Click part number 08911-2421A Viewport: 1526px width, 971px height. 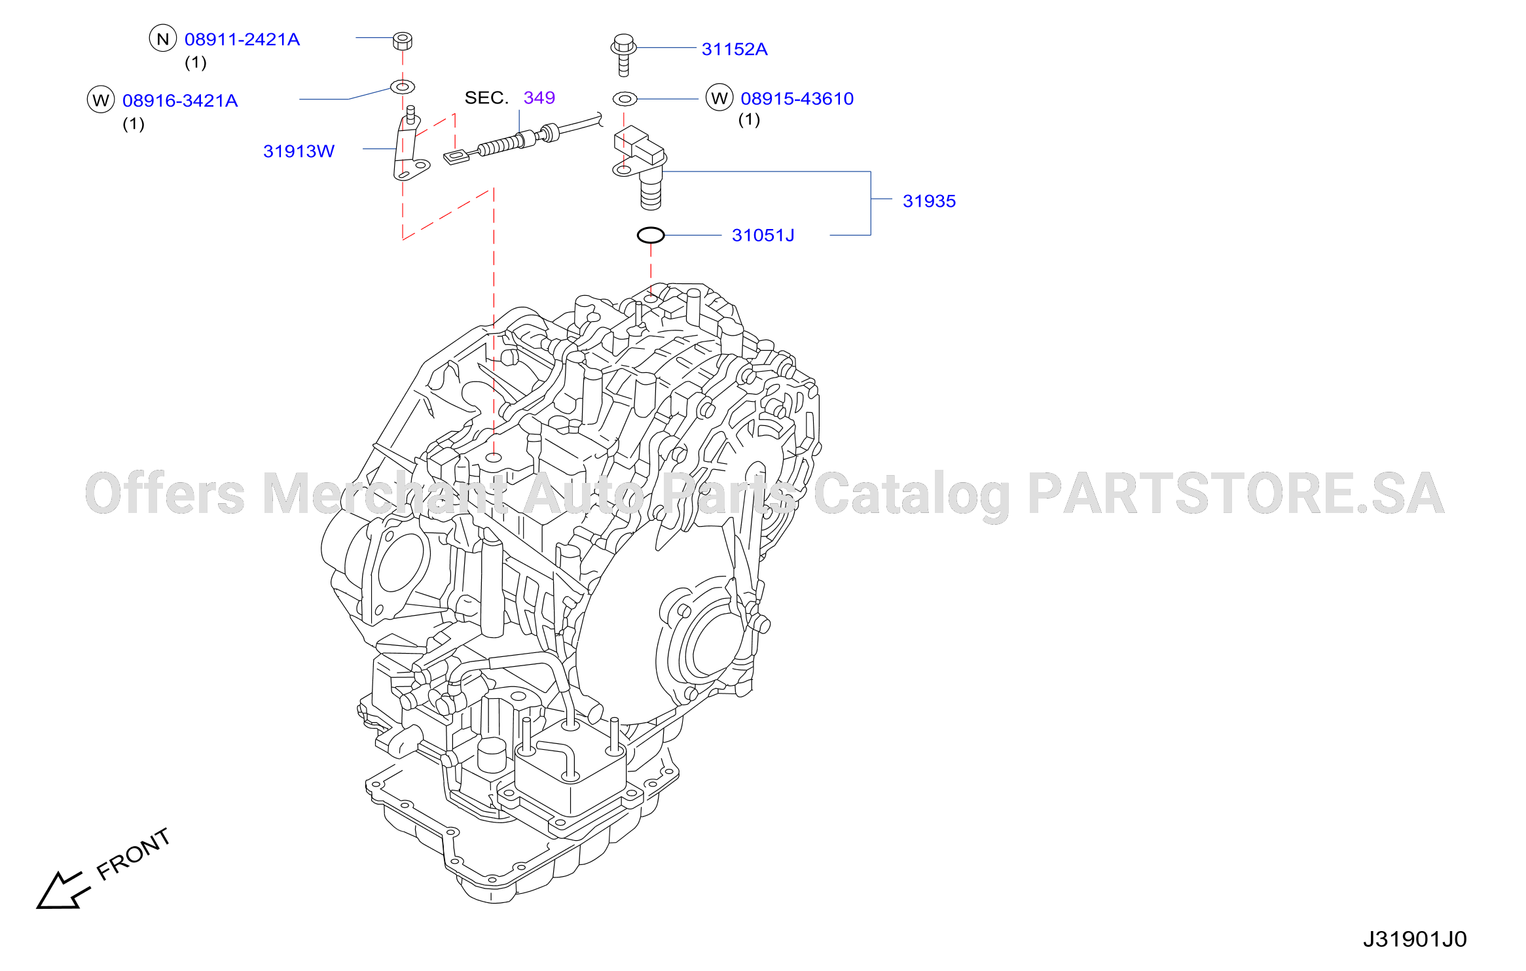pyautogui.click(x=242, y=40)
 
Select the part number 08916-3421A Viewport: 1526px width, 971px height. pyautogui.click(x=180, y=101)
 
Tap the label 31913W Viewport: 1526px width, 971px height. pyautogui.click(x=299, y=151)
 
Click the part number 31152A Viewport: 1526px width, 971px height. pyautogui.click(x=735, y=49)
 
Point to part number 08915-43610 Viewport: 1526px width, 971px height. pyautogui.click(x=797, y=99)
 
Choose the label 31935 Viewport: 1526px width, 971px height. pyautogui.click(x=929, y=201)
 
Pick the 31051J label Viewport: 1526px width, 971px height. pyautogui.click(x=763, y=235)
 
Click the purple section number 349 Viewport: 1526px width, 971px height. pyautogui.click(x=539, y=97)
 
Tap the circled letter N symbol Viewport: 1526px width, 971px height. pyautogui.click(x=163, y=39)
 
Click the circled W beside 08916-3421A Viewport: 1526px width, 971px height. pyautogui.click(x=101, y=99)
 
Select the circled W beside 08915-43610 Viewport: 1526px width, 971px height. pyautogui.click(x=719, y=97)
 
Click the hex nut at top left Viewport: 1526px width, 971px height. pyautogui.click(x=403, y=41)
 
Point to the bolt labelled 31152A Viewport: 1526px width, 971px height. pyautogui.click(x=623, y=54)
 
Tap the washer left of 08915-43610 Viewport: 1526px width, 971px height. pyautogui.click(x=625, y=99)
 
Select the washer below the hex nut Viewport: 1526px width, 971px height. pyautogui.click(x=403, y=86)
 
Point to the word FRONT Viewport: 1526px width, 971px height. pyautogui.click(x=134, y=853)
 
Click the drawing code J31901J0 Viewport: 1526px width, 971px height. pyautogui.click(x=1415, y=939)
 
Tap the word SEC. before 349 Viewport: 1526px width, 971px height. pyautogui.click(x=486, y=97)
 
